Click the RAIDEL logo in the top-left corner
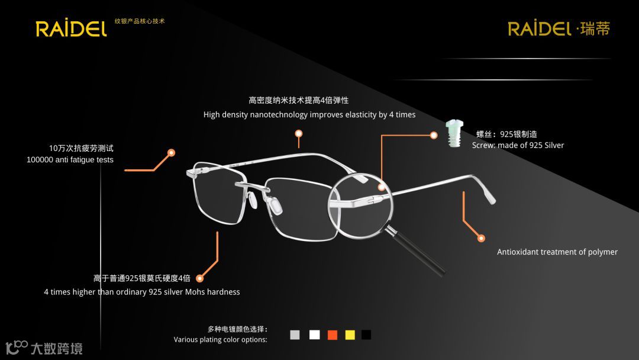coord(71,28)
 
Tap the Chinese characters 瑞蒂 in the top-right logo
coord(595,28)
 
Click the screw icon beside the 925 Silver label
coord(454,133)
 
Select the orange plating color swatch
coord(332,335)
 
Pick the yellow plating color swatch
coord(350,335)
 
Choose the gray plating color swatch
coord(295,335)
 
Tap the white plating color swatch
coord(314,335)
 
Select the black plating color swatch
coord(366,335)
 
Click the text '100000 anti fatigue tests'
coord(70,160)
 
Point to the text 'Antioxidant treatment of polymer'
coord(557,252)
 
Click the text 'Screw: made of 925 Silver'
coord(518,146)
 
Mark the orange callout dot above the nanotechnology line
coord(299,134)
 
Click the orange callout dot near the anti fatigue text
coord(171,153)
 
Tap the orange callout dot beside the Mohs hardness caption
coord(200,278)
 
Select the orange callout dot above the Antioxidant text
coord(481,238)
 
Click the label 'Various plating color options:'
coord(220,340)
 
